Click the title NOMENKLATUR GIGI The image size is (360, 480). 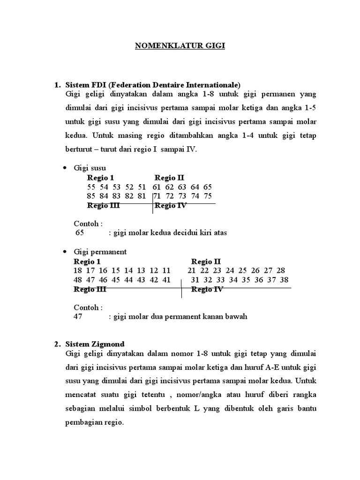coord(180,47)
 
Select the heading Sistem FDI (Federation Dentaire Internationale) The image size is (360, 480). coord(152,85)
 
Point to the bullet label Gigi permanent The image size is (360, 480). coord(100,252)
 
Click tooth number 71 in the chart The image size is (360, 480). coord(157,196)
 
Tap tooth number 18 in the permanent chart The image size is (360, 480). coord(78,270)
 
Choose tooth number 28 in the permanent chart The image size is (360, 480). coord(281,270)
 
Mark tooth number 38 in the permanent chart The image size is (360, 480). coord(284,280)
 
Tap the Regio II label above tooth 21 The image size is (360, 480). coord(206,261)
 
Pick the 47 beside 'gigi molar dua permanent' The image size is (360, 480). coord(78,316)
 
